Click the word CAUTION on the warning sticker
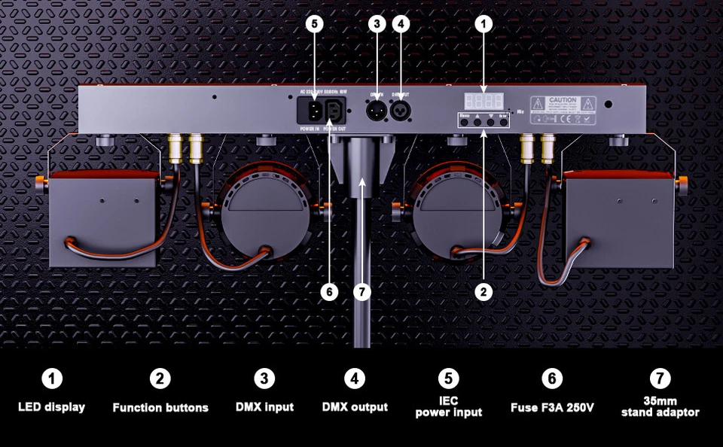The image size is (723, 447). pyautogui.click(x=563, y=99)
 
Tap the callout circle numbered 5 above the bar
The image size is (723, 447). pyautogui.click(x=315, y=24)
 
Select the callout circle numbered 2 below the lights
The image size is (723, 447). pyautogui.click(x=484, y=291)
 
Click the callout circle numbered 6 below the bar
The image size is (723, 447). pyautogui.click(x=329, y=291)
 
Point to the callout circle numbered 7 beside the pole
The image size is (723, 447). pyautogui.click(x=362, y=291)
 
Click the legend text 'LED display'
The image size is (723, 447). pyautogui.click(x=51, y=407)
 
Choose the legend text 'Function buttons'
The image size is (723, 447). pyautogui.click(x=160, y=407)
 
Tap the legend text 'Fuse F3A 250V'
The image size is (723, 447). pyautogui.click(x=552, y=407)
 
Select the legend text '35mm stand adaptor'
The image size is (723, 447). pyautogui.click(x=660, y=407)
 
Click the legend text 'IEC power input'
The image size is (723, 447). pyautogui.click(x=448, y=407)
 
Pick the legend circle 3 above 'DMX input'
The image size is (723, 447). pyautogui.click(x=264, y=379)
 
